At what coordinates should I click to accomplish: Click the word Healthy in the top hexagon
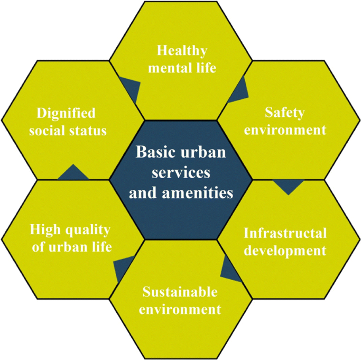[x=181, y=51]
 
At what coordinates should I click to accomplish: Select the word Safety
[x=286, y=113]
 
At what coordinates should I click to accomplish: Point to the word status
[x=88, y=130]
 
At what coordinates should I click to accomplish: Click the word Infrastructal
[x=285, y=233]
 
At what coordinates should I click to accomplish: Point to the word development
[x=285, y=250]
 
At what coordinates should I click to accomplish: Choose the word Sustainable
[x=180, y=292]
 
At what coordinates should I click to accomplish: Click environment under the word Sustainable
[x=180, y=309]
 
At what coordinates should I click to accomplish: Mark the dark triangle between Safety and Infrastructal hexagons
[x=289, y=186]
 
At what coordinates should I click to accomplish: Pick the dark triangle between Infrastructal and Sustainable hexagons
[x=229, y=270]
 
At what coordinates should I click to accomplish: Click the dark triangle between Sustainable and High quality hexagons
[x=125, y=266]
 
